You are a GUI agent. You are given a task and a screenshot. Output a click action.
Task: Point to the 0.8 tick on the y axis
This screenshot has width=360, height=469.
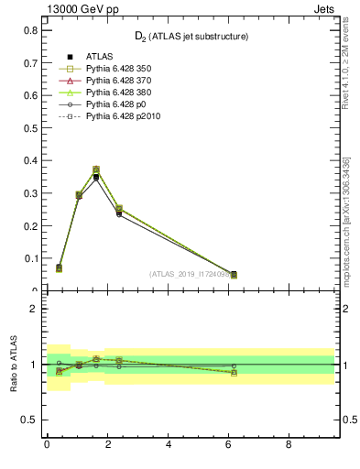30,30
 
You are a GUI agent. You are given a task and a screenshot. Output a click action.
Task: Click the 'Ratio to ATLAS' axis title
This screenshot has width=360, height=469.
14,365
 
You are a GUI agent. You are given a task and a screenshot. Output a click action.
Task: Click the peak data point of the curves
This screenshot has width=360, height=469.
95,170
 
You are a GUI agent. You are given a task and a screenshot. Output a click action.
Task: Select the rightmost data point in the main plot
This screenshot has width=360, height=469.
234,274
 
